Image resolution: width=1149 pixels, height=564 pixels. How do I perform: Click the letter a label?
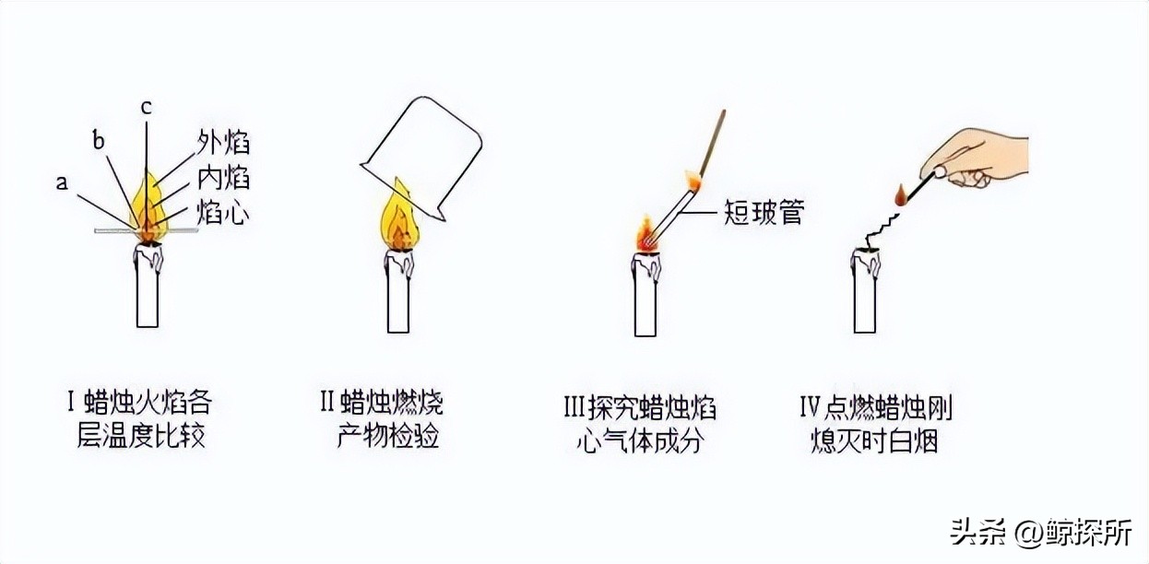(x=62, y=182)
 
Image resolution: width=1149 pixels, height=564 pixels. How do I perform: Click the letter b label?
(x=100, y=141)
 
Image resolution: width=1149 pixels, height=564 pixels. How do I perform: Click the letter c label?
(x=146, y=106)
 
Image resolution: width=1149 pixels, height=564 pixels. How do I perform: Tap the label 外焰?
(x=223, y=143)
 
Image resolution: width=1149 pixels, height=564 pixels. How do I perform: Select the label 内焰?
(x=223, y=177)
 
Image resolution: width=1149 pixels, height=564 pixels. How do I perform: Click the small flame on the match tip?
(x=899, y=194)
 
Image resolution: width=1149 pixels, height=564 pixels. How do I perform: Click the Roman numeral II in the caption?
(x=326, y=403)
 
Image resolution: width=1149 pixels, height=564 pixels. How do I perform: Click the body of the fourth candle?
(x=864, y=295)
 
